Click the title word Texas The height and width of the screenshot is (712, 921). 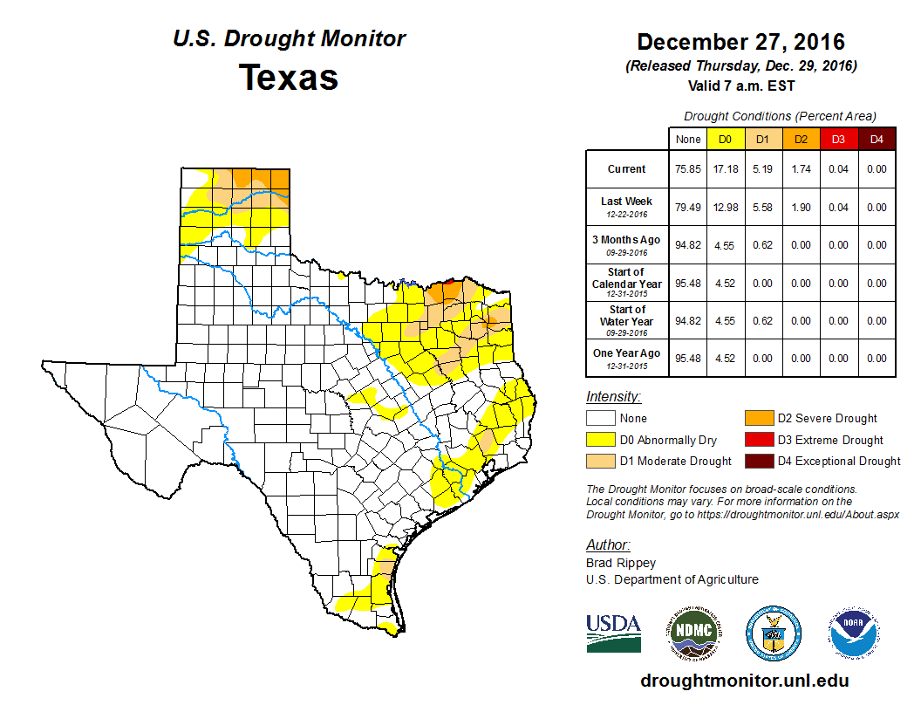(x=289, y=78)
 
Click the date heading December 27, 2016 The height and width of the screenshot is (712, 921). (x=740, y=42)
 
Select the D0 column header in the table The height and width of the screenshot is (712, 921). (x=725, y=139)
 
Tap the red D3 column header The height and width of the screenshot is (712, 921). (x=837, y=139)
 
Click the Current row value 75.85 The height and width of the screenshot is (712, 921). (x=688, y=169)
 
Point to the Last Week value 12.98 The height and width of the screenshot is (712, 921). (x=725, y=208)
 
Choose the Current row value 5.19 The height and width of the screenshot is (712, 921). (x=762, y=169)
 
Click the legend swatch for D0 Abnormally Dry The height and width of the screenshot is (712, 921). (x=600, y=440)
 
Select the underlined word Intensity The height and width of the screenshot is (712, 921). (x=613, y=397)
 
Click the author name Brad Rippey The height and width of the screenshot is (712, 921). (x=621, y=563)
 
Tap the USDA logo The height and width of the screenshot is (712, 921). (x=613, y=633)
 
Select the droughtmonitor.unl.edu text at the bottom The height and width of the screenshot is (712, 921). (x=744, y=681)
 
